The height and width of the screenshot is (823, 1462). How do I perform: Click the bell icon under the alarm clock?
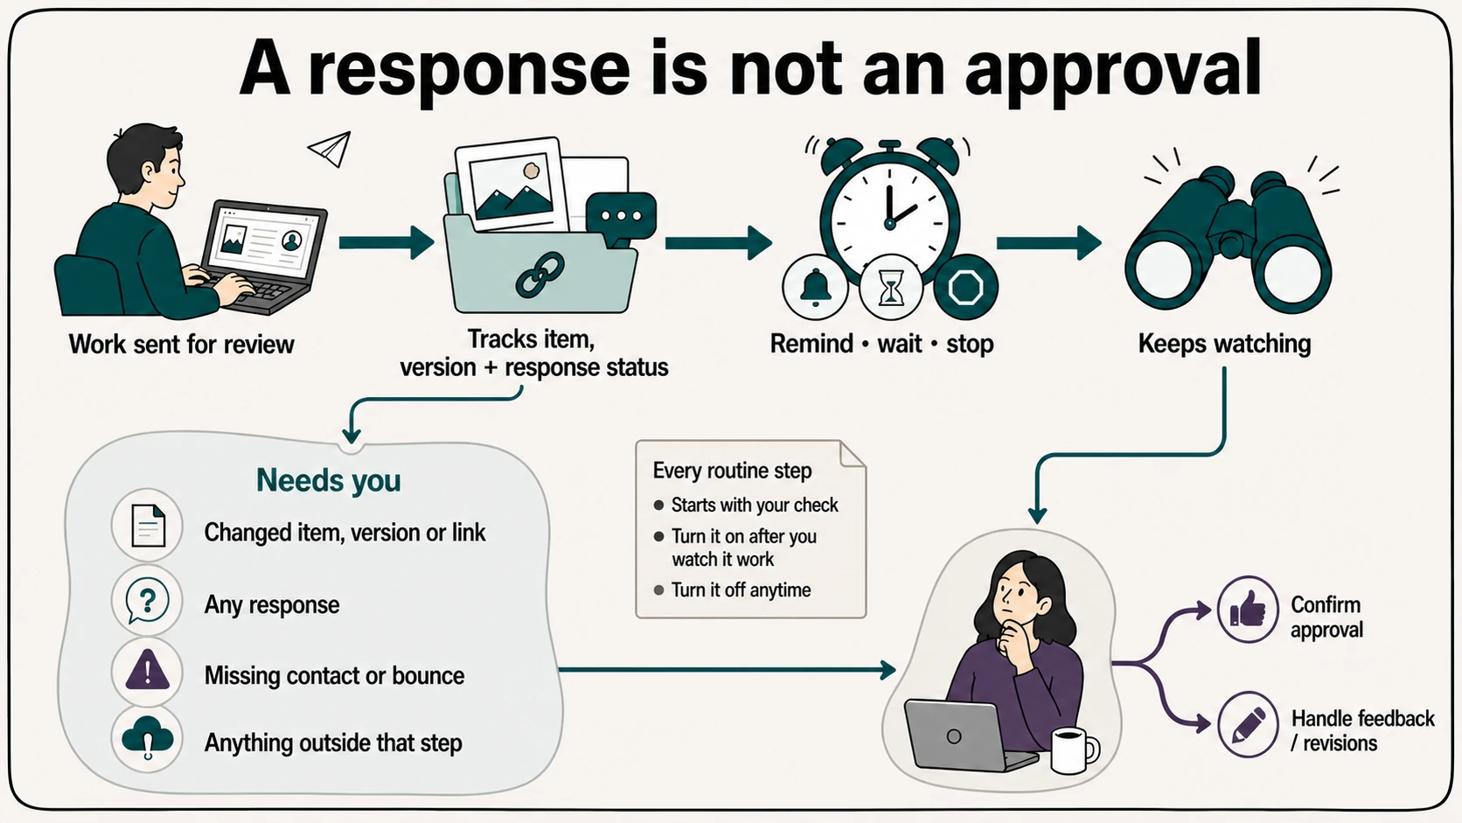point(815,288)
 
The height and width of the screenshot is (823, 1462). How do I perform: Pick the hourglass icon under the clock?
point(891,288)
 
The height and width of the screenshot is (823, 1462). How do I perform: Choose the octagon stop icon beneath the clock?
point(965,287)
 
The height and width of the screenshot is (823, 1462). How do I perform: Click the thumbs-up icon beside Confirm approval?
point(1247,610)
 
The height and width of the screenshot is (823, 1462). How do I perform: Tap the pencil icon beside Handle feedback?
point(1247,724)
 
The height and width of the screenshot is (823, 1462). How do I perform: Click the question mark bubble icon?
point(148,601)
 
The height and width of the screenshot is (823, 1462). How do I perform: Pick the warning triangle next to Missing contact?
point(148,670)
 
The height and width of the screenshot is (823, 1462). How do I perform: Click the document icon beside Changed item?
point(148,526)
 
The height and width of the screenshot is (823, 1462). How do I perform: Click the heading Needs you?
point(328,481)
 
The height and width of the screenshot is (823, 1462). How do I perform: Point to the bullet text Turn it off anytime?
point(741,590)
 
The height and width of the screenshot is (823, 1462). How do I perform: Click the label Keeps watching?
point(1224,344)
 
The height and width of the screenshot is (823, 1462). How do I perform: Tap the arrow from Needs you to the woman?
point(728,670)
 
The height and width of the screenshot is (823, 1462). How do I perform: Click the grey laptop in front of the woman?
point(967,735)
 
